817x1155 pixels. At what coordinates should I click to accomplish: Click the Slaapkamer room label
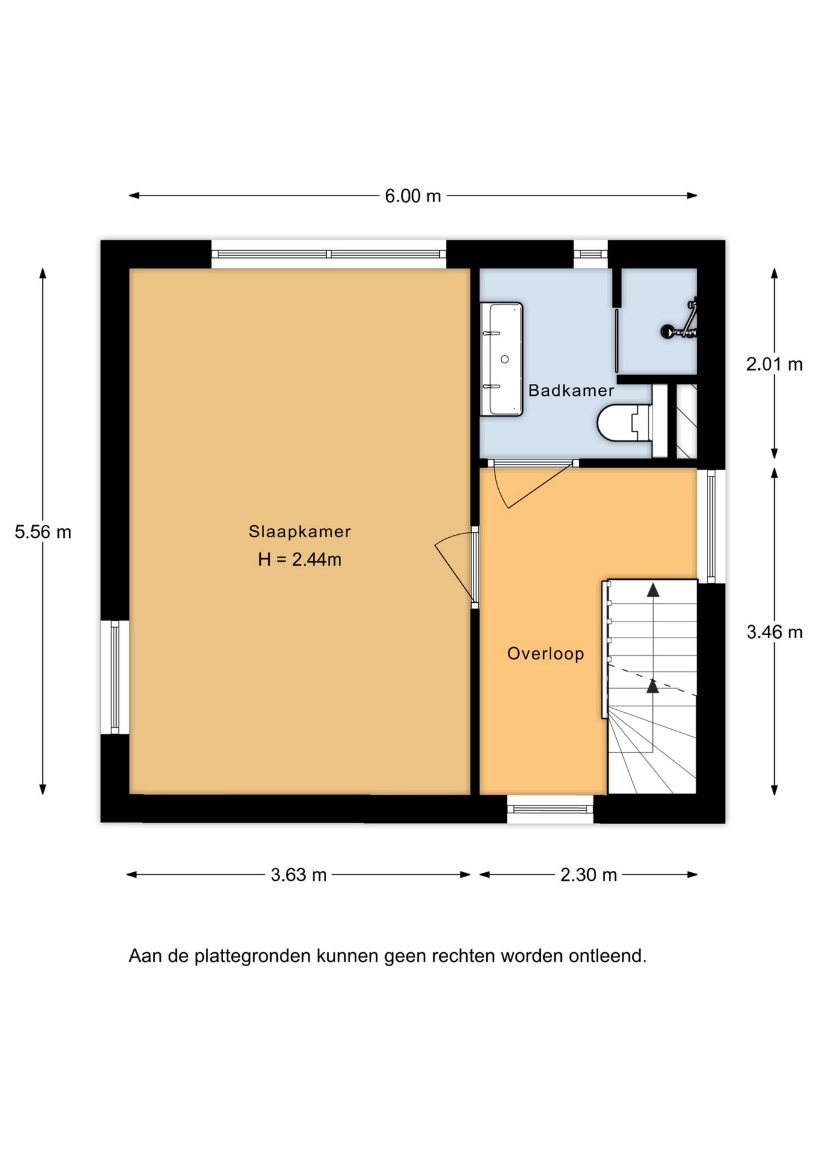(x=299, y=532)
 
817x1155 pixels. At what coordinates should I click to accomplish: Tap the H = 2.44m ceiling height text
(x=299, y=559)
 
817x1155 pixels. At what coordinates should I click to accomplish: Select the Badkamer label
(x=570, y=390)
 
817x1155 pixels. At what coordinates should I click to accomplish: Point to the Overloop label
(x=545, y=654)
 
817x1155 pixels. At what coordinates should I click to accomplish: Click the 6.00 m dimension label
(x=413, y=196)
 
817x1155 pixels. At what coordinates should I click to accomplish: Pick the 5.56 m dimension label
(x=43, y=532)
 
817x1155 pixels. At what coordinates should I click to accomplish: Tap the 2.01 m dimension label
(x=774, y=364)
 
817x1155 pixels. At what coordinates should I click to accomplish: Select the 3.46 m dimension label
(x=774, y=632)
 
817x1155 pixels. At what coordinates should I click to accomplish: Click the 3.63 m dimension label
(x=298, y=875)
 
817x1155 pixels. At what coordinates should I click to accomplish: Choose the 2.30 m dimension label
(x=588, y=875)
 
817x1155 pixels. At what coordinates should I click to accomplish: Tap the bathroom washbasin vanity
(x=502, y=359)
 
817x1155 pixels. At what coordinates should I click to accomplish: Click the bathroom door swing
(x=523, y=484)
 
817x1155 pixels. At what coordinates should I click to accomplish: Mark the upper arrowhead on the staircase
(x=652, y=590)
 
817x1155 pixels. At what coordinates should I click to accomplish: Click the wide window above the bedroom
(x=328, y=254)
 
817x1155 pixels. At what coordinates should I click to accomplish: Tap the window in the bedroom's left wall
(x=115, y=677)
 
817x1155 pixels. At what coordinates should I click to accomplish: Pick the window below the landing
(x=550, y=809)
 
